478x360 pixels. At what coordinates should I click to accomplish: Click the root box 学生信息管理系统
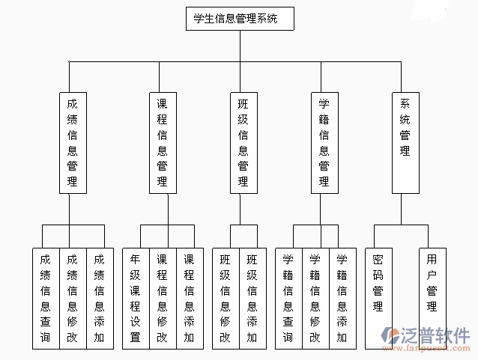(240, 19)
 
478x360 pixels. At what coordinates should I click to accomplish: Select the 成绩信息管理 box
(73, 142)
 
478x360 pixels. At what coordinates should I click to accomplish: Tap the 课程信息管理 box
(163, 142)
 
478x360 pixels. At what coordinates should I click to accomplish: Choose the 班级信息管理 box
(243, 142)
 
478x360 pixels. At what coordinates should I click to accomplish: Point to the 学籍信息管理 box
(324, 142)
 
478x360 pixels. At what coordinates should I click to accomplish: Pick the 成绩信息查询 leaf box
(46, 298)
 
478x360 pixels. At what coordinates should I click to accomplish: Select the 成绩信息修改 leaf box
(73, 298)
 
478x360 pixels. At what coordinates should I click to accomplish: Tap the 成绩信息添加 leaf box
(100, 298)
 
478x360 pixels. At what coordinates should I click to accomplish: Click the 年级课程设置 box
(136, 298)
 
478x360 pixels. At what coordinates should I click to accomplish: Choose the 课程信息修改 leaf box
(163, 298)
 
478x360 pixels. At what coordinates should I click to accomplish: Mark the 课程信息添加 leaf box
(190, 298)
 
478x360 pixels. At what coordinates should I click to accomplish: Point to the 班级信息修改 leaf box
(226, 298)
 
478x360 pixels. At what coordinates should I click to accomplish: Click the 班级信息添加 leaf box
(252, 298)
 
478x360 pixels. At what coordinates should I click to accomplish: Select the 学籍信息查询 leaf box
(288, 298)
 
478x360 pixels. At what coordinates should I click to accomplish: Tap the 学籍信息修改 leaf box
(315, 298)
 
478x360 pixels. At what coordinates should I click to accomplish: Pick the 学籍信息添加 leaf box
(342, 298)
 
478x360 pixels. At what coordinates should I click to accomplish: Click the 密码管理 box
(378, 298)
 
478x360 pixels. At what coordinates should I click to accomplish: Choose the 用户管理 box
(432, 298)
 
